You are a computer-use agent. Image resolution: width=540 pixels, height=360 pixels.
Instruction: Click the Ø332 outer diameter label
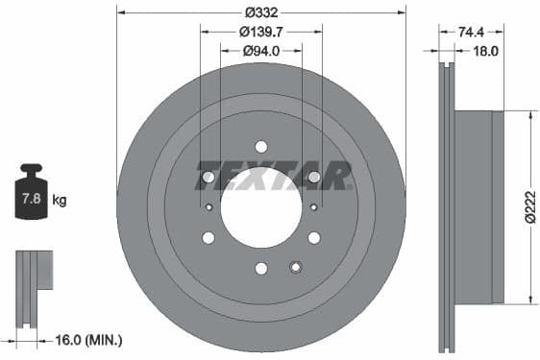[x=260, y=12]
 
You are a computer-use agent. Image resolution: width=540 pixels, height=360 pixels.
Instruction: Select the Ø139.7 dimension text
[x=260, y=32]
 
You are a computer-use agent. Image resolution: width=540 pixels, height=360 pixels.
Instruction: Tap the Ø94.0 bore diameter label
[x=260, y=50]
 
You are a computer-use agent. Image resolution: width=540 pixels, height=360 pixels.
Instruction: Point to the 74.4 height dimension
[x=471, y=32]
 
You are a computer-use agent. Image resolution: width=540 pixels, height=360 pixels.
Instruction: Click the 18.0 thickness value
[x=485, y=51]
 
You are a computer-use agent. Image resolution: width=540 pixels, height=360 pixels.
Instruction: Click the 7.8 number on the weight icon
[x=31, y=200]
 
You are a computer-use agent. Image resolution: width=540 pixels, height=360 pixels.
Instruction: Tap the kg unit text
[x=60, y=201]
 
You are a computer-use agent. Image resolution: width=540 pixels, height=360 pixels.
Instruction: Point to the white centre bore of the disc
[x=260, y=206]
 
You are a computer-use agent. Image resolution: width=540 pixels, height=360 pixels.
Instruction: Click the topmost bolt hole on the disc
[x=261, y=146]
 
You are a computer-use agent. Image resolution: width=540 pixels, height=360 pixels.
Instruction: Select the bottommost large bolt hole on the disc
[x=261, y=268]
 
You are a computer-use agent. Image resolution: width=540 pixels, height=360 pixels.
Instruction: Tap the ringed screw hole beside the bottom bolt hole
[x=296, y=267]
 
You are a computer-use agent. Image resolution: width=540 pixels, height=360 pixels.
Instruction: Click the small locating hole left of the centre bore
[x=209, y=206]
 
